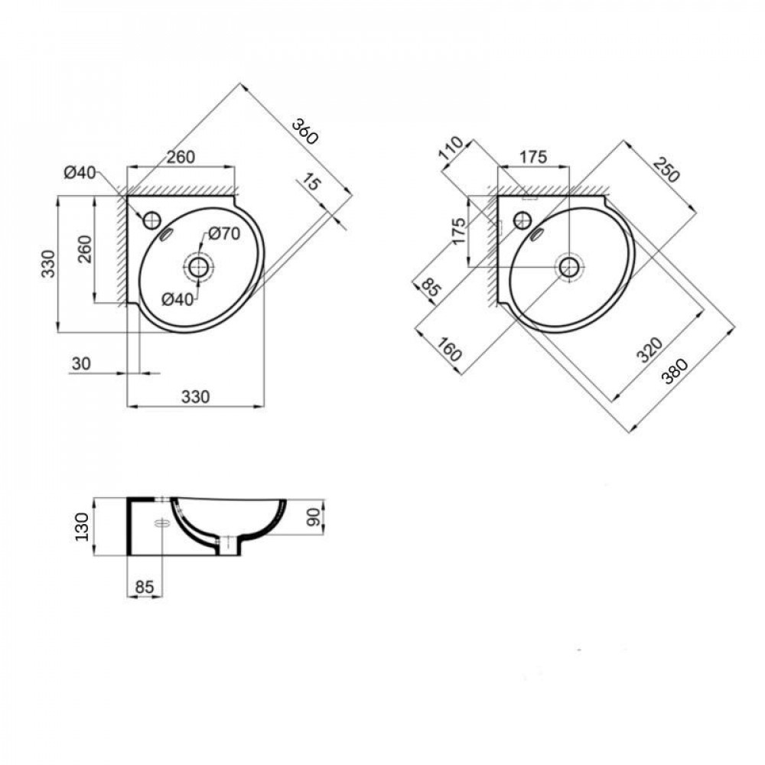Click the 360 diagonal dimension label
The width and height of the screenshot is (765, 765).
pos(304,133)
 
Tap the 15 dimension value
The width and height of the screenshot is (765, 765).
pos(311,184)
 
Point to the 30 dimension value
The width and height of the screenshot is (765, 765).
pos(80,363)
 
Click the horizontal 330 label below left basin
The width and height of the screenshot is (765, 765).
pos(195,396)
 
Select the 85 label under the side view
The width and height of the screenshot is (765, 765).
pos(144,587)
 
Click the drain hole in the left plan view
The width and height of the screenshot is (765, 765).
pos(198,267)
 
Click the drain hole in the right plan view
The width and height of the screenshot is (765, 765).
pos(568,266)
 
